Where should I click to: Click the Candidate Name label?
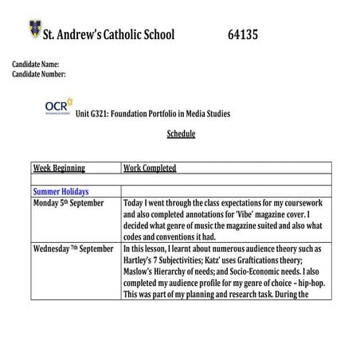(x=35, y=64)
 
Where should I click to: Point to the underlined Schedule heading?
(x=181, y=134)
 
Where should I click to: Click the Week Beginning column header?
(x=59, y=168)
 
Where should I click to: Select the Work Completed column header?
(x=150, y=168)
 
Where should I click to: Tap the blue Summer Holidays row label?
(x=61, y=192)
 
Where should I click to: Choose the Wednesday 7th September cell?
(x=73, y=248)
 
